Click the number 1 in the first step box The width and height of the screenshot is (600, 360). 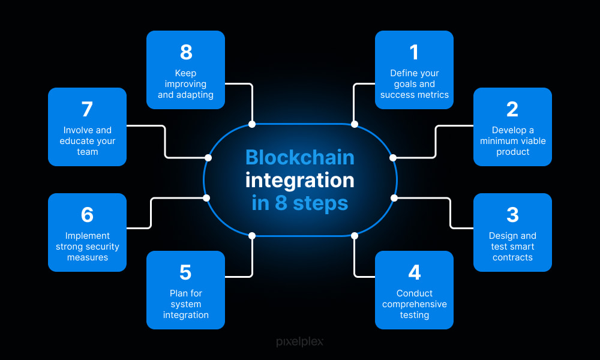[414, 52]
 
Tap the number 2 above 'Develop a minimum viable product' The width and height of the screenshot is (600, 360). [512, 109]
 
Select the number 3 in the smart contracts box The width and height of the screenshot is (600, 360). [512, 215]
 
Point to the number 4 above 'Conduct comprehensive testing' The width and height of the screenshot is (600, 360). [414, 272]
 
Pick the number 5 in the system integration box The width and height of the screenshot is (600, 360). [185, 272]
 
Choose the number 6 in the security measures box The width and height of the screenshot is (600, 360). [87, 215]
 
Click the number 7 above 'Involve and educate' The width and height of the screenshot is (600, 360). [87, 109]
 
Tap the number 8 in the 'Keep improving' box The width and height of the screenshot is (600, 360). [186, 52]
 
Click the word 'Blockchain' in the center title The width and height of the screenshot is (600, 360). [299, 157]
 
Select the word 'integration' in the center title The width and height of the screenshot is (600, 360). [299, 179]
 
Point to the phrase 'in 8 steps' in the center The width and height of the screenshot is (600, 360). [299, 202]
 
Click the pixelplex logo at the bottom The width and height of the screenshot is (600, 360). [299, 341]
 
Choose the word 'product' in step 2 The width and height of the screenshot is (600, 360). [512, 152]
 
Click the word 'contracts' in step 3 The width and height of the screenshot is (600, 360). [512, 257]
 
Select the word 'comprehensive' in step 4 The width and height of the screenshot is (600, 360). [414, 304]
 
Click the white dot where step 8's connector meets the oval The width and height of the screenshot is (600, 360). [252, 124]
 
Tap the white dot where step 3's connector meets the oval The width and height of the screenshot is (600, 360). [394, 197]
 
